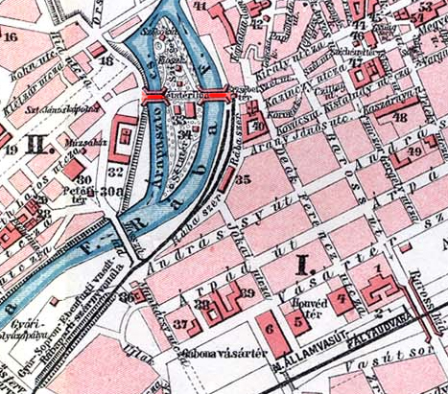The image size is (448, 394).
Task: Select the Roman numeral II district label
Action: [x=39, y=147]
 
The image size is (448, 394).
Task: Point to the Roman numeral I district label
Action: [x=303, y=262]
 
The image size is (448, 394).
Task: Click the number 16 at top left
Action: [x=12, y=37]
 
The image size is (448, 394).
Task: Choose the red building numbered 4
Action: [x=342, y=298]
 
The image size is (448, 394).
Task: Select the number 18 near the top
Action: [x=106, y=61]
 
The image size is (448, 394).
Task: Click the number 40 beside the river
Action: [x=256, y=125]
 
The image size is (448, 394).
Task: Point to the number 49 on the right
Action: [x=413, y=151]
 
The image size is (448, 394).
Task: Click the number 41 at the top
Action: [x=200, y=6]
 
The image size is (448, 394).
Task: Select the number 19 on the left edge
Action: [x=9, y=150]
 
